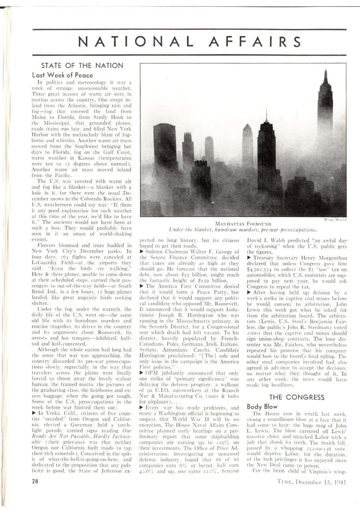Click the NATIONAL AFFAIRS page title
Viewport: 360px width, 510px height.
pyautogui.click(x=189, y=42)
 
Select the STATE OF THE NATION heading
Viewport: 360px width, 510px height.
pyautogui.click(x=82, y=65)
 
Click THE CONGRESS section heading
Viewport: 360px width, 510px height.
pyautogui.click(x=297, y=397)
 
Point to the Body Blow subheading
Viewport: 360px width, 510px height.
pyautogui.click(x=262, y=407)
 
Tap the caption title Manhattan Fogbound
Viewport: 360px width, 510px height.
pyautogui.click(x=243, y=224)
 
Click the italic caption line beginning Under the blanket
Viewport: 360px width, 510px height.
pyautogui.click(x=243, y=229)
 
